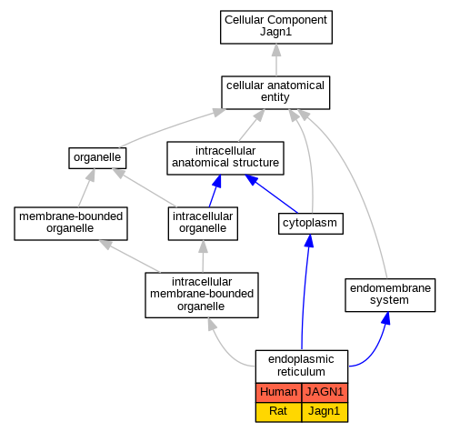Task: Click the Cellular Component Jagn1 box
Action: click(x=276, y=27)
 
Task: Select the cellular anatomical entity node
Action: click(x=275, y=93)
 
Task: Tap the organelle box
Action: click(x=97, y=158)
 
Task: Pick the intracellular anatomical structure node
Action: click(x=225, y=158)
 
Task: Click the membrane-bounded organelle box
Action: click(x=71, y=224)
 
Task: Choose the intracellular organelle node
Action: click(x=203, y=224)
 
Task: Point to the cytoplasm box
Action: click(x=311, y=224)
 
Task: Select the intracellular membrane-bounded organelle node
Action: click(x=202, y=295)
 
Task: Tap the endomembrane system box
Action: click(x=390, y=295)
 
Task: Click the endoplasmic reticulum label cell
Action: click(x=302, y=367)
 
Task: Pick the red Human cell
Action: click(x=278, y=392)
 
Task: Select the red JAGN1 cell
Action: click(x=325, y=392)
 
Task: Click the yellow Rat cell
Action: click(x=278, y=412)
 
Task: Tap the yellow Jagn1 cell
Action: click(x=325, y=412)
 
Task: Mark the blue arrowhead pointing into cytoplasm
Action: click(x=309, y=241)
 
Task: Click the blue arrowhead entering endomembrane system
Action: click(x=385, y=318)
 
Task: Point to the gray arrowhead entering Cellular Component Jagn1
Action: click(x=276, y=50)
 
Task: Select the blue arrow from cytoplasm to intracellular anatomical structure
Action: click(x=271, y=194)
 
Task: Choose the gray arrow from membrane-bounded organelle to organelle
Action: click(x=85, y=188)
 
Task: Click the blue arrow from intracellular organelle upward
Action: click(x=215, y=191)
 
